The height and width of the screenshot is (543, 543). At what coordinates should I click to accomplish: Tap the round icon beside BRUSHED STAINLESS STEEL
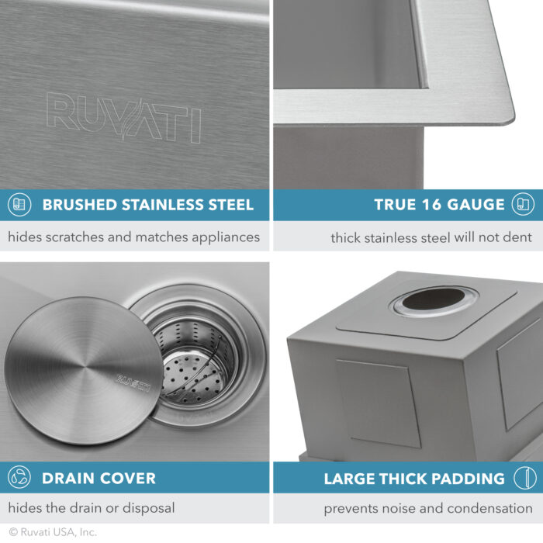(x=19, y=205)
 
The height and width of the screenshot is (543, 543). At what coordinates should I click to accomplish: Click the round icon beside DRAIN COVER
(x=19, y=478)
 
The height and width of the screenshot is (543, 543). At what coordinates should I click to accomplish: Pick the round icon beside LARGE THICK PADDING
(x=524, y=478)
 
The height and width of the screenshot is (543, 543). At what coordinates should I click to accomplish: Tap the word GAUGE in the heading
(x=476, y=205)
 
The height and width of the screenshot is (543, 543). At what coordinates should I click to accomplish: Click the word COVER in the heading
(x=126, y=478)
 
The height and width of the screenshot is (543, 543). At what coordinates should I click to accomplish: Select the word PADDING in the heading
(x=465, y=478)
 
